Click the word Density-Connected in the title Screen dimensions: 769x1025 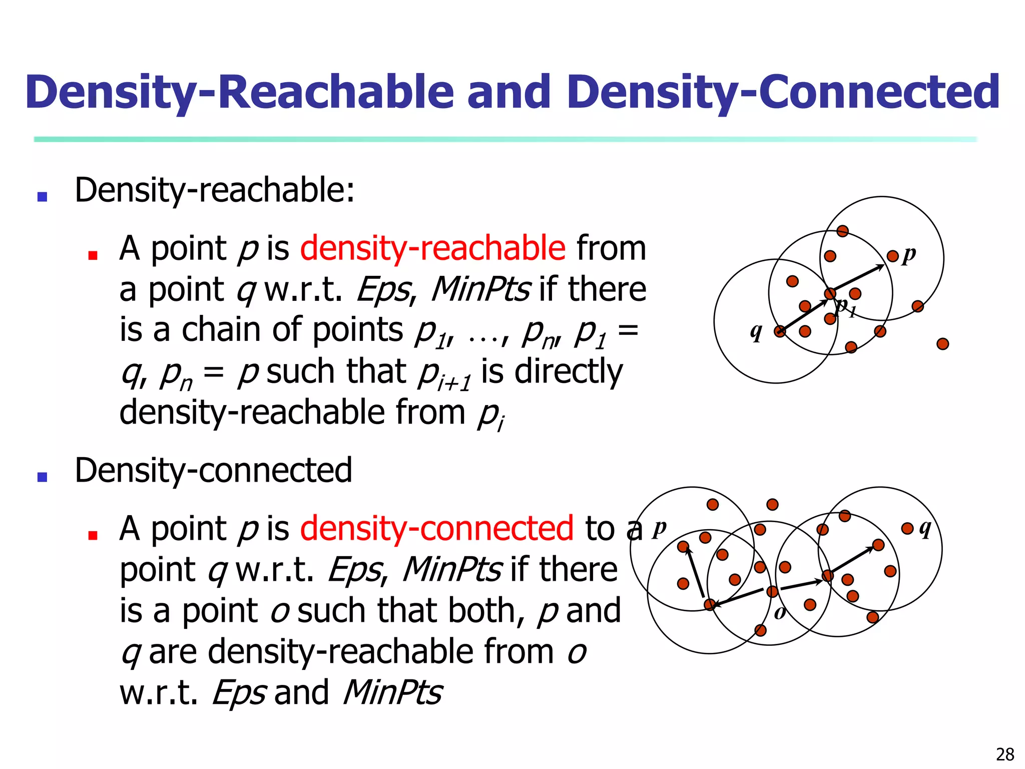[783, 93]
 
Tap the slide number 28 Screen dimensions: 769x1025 [1005, 754]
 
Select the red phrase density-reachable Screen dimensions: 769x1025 [433, 248]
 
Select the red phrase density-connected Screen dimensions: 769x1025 [436, 529]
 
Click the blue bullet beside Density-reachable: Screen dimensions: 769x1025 [43, 197]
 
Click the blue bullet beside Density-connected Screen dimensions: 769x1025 [43, 477]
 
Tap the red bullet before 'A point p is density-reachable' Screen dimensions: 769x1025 [93, 255]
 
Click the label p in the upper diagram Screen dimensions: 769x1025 [909, 254]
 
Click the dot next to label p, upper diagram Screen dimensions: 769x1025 [892, 256]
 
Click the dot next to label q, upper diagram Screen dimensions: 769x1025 [780, 331]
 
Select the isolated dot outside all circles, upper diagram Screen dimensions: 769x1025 [942, 344]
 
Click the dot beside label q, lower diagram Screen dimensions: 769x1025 [907, 528]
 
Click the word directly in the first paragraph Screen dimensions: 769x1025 [569, 371]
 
